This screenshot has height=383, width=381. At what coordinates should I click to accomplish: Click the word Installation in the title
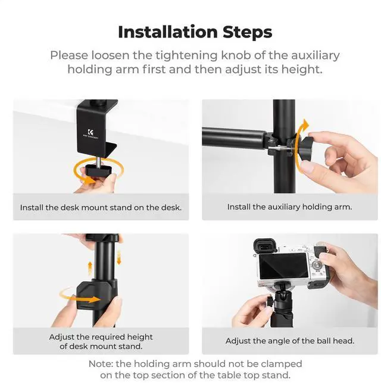pyautogui.click(x=168, y=32)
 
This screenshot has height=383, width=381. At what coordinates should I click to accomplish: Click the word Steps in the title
pyautogui.click(x=248, y=32)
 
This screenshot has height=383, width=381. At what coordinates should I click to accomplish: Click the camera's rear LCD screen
pyautogui.click(x=283, y=266)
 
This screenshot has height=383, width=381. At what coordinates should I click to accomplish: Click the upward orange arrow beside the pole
pyautogui.click(x=90, y=268)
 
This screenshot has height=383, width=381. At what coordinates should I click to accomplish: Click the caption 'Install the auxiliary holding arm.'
pyautogui.click(x=289, y=207)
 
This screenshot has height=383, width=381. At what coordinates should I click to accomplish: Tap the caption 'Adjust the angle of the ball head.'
pyautogui.click(x=290, y=341)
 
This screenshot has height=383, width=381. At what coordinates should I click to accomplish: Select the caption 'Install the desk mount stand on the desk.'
pyautogui.click(x=101, y=208)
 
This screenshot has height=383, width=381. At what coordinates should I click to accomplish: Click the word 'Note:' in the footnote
pyautogui.click(x=101, y=364)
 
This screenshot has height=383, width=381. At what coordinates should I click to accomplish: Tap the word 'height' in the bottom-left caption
pyautogui.click(x=140, y=337)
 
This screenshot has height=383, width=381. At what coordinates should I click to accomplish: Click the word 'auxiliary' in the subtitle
pyautogui.click(x=316, y=55)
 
